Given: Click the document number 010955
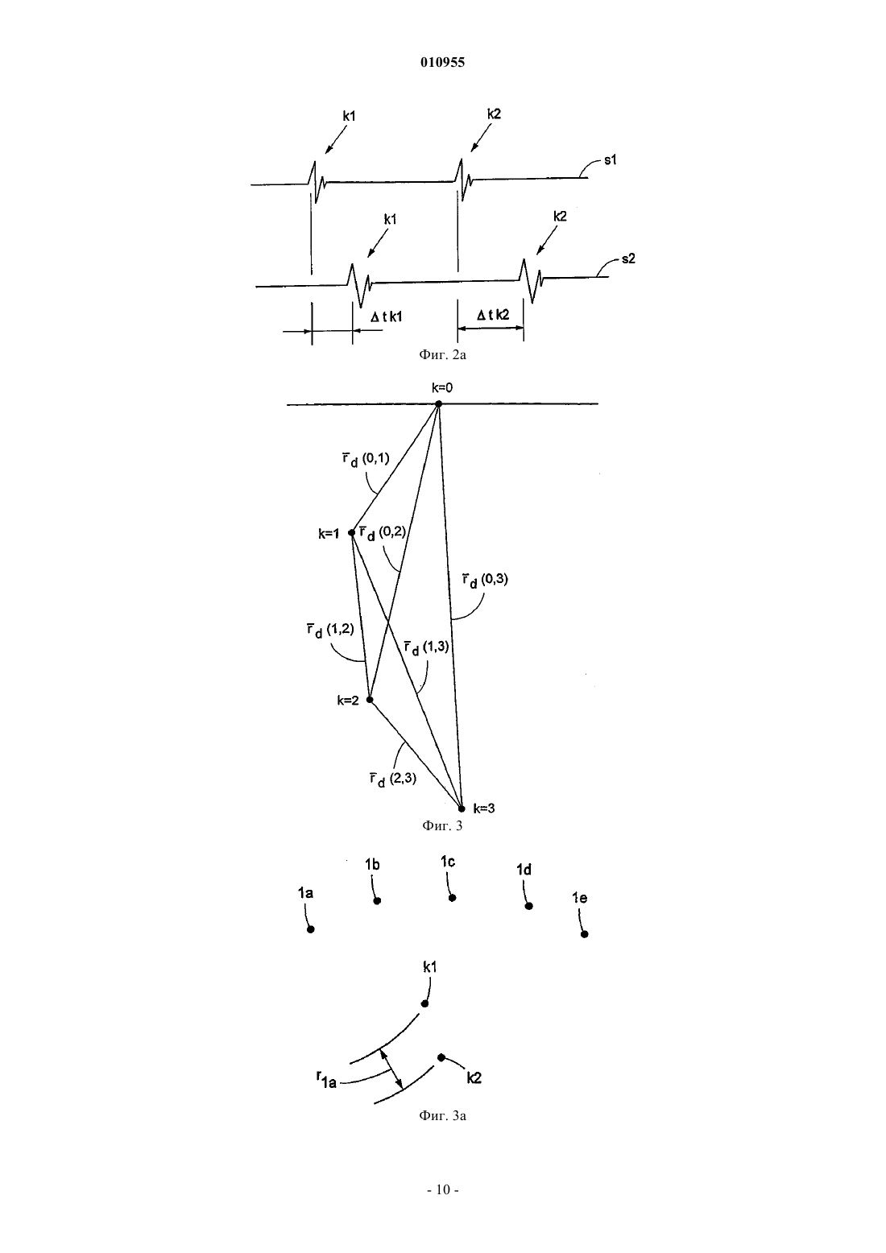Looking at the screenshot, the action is point(442,62).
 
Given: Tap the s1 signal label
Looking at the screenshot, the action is point(611,160).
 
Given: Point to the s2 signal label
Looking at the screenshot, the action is point(629,259).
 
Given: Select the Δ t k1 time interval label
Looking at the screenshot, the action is point(387,317).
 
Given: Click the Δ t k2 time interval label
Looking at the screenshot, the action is point(493,315).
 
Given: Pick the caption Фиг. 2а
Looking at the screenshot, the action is point(442,354).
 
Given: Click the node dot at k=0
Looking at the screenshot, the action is point(438,403).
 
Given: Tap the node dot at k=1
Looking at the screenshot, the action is point(352,532).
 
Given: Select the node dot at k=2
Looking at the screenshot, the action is point(370,699).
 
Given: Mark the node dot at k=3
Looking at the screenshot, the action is point(462,808).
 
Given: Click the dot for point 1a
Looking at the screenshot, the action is point(311,929).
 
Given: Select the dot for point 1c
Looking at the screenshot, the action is point(453,898).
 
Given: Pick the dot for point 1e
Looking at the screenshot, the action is point(585,934).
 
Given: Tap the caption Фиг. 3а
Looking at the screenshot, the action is point(442,1116).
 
